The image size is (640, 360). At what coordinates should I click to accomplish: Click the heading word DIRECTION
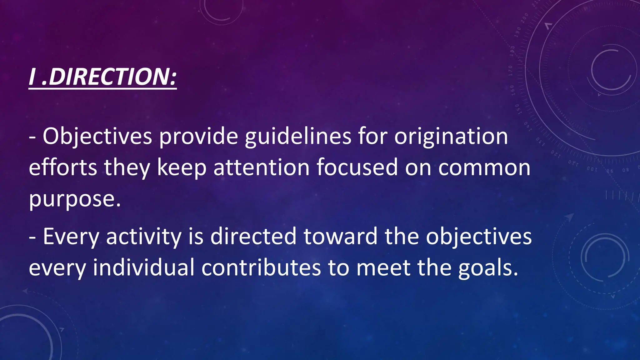(x=109, y=77)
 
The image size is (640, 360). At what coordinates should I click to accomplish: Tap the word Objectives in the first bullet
(x=97, y=137)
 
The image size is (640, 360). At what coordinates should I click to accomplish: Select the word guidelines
(x=298, y=137)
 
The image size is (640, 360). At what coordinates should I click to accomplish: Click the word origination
(x=451, y=137)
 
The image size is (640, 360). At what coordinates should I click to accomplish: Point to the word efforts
(x=63, y=167)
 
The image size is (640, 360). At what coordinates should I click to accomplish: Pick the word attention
(x=261, y=167)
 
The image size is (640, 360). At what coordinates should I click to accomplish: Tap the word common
(x=484, y=168)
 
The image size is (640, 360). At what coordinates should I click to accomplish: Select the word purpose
(x=75, y=199)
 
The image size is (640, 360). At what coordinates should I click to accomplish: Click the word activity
(x=144, y=237)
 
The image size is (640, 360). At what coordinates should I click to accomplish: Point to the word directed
(x=253, y=237)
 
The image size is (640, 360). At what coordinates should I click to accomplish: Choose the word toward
(x=340, y=237)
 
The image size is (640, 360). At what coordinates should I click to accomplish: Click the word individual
(x=144, y=268)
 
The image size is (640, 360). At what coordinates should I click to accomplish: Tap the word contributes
(x=261, y=268)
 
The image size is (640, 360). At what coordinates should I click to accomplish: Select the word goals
(x=488, y=268)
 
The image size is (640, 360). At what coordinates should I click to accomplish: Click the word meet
(x=383, y=268)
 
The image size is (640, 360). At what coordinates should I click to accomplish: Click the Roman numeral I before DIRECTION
(x=32, y=77)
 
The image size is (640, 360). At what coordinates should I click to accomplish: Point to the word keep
(x=182, y=167)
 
